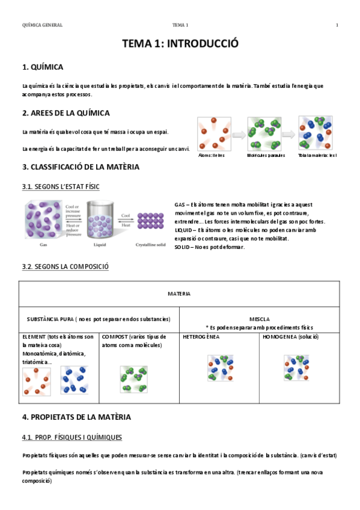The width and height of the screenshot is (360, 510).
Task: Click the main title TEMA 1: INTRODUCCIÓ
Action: point(180,44)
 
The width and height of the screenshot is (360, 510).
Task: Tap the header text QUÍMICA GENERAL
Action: point(42,25)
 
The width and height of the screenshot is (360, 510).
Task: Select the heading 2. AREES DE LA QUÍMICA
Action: point(66,113)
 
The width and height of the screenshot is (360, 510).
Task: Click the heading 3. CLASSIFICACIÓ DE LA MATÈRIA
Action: point(80,167)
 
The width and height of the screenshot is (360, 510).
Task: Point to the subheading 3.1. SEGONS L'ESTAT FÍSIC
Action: point(60,187)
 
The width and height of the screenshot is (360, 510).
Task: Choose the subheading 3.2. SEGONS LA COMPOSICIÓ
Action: point(65,266)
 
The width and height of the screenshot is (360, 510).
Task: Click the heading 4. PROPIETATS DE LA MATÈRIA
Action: point(76,417)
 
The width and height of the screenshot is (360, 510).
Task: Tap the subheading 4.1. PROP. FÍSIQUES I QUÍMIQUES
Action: point(72,437)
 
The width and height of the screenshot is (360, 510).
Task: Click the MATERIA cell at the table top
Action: point(179,294)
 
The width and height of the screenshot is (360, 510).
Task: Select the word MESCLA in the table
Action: point(259,319)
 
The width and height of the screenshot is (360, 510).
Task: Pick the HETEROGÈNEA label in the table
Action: point(201,337)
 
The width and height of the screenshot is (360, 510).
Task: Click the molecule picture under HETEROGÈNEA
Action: point(220,368)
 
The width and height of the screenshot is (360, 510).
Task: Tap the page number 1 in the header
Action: point(337,25)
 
